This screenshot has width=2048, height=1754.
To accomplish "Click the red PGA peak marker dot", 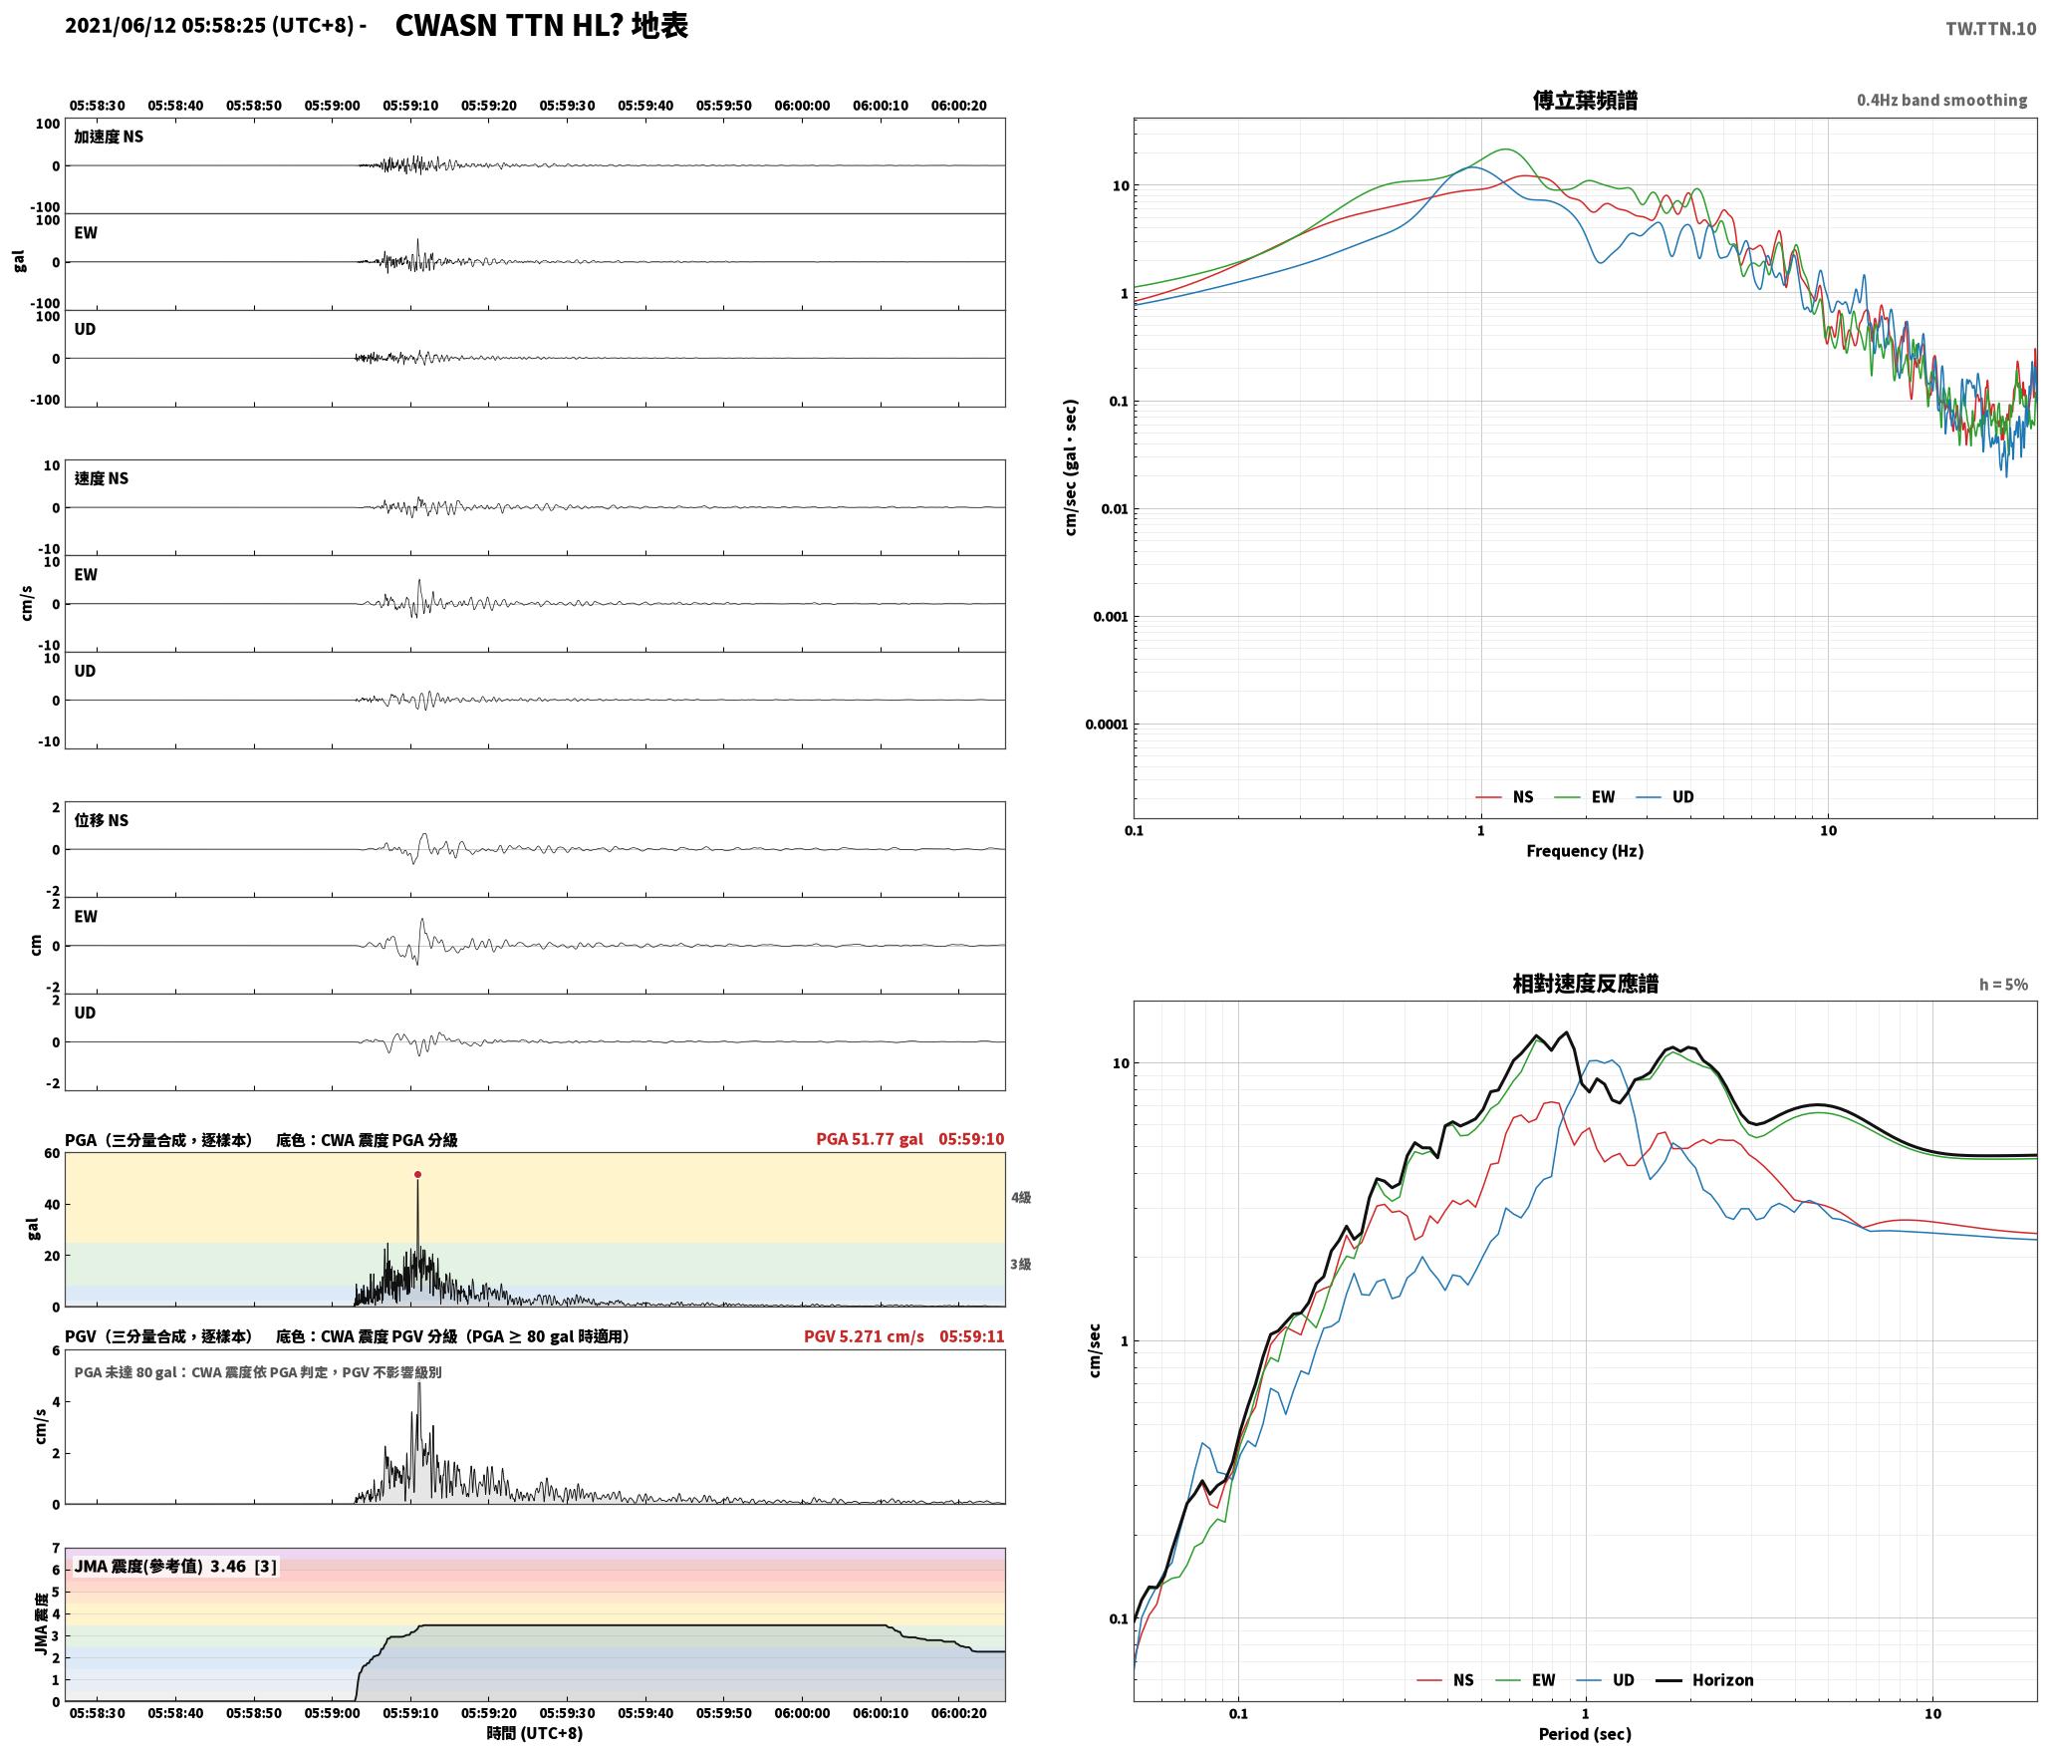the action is point(417,1175).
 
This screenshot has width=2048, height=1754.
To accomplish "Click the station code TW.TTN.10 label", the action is point(1990,29).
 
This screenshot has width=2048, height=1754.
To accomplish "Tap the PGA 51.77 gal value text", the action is point(870,1139).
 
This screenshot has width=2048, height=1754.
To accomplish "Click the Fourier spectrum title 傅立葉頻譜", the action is point(1585,100).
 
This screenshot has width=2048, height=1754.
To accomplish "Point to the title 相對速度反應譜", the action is point(1585,984).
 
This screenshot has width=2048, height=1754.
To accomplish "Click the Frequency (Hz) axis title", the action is point(1585,851).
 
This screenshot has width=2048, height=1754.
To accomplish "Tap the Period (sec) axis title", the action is point(1585,1734).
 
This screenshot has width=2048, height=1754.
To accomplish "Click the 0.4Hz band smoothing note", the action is point(1941,100).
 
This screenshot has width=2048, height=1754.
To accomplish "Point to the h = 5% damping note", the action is point(2003,985).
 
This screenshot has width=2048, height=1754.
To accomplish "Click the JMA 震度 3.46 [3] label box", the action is point(175,1567).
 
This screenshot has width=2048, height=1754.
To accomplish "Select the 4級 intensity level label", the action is point(1021,1198).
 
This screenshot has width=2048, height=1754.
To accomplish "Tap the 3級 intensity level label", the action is point(1021,1265).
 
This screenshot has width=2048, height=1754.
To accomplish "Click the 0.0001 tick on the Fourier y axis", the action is point(1107,725).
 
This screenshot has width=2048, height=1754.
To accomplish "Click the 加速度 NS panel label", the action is point(109,137).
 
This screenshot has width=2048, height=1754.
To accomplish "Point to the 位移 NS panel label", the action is point(102,820).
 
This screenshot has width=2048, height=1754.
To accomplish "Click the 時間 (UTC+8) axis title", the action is point(535,1733).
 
